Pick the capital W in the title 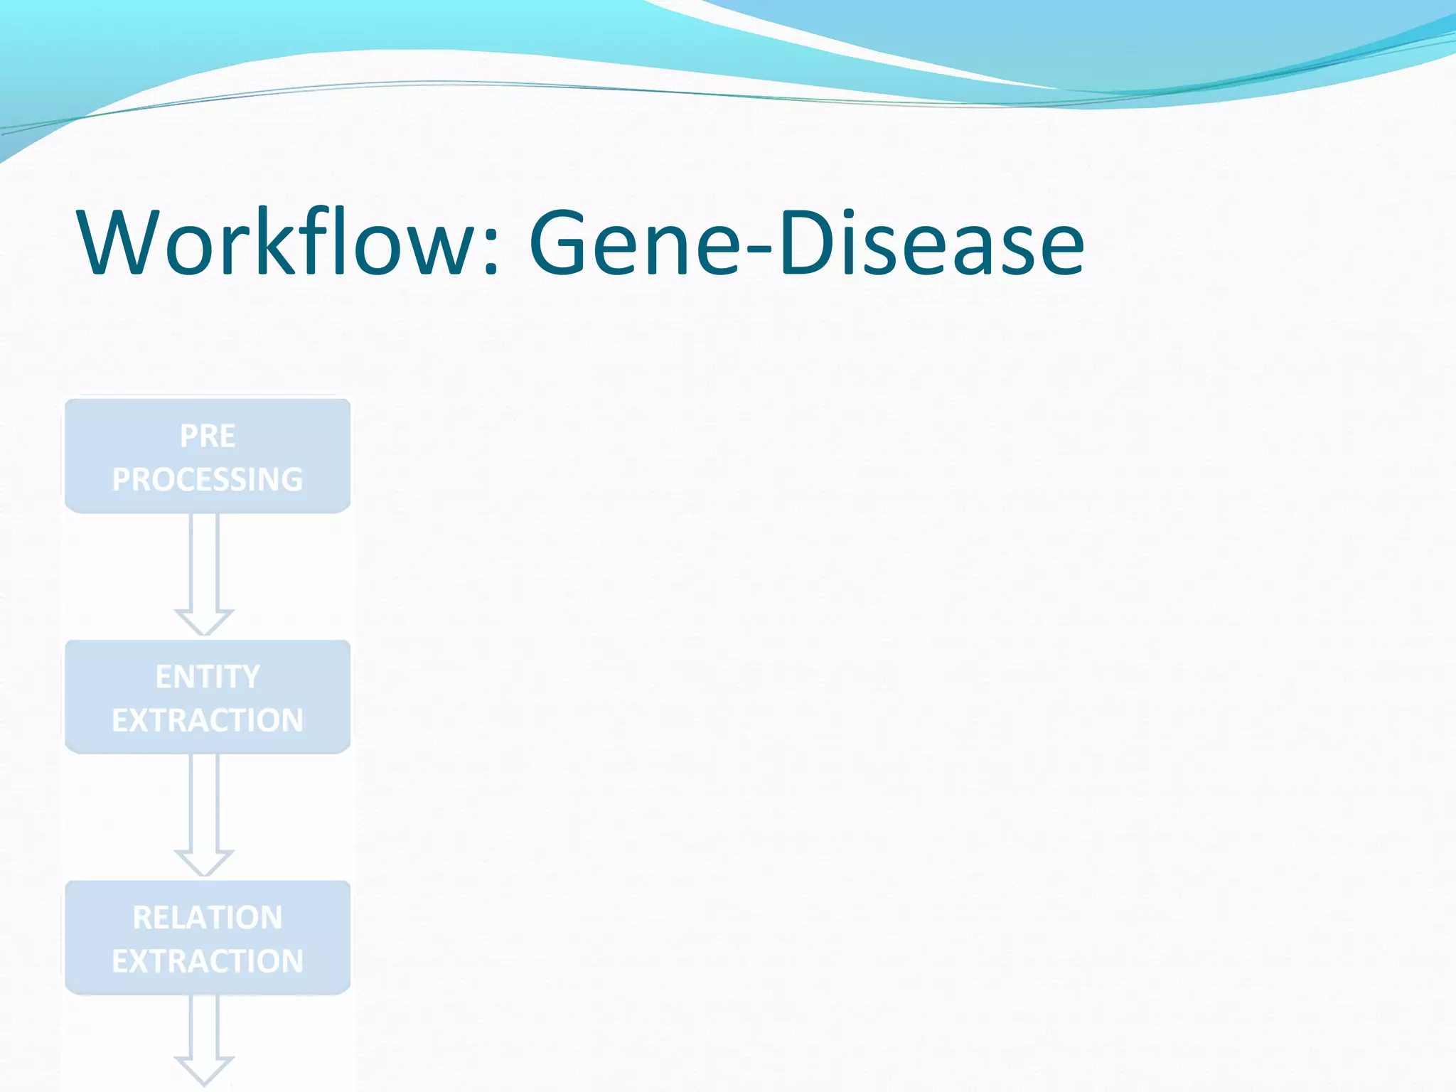click(x=119, y=243)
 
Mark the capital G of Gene click(x=562, y=243)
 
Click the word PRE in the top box click(x=207, y=436)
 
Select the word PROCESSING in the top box click(x=207, y=479)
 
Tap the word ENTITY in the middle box click(x=207, y=676)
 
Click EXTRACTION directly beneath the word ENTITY click(x=207, y=720)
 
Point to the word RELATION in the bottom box click(x=207, y=917)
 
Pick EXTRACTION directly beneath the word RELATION click(x=207, y=961)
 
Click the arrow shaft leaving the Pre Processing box click(x=204, y=562)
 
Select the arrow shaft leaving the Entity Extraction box click(x=204, y=802)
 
